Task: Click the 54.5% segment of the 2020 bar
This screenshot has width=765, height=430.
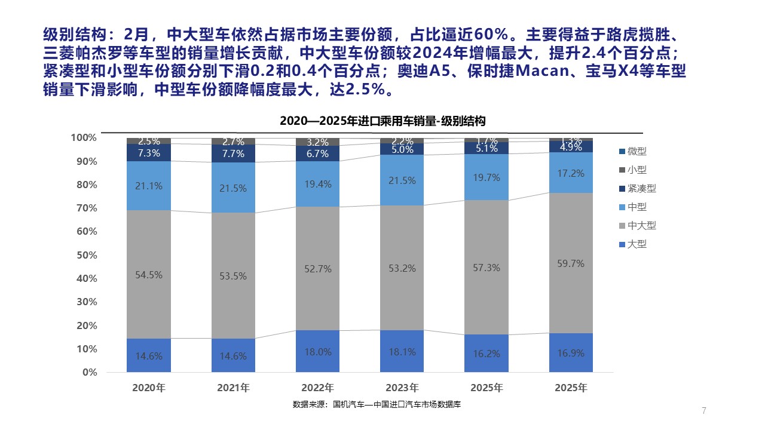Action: click(149, 275)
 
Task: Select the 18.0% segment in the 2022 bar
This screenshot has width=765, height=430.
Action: click(317, 351)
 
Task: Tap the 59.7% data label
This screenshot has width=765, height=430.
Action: click(571, 263)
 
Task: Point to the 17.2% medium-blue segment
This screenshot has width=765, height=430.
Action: click(571, 173)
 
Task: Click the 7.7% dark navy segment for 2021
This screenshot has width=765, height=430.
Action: click(233, 153)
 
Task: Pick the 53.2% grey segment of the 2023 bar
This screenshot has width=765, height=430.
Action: click(402, 268)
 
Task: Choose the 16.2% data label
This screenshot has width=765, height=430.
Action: click(486, 353)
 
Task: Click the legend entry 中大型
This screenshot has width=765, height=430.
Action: click(637, 226)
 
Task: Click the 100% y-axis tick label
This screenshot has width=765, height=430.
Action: click(84, 138)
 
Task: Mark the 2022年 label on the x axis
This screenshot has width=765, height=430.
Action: click(317, 388)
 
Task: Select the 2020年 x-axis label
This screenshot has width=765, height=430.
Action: click(149, 388)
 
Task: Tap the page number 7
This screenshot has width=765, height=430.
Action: click(704, 411)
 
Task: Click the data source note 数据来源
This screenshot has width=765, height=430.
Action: click(377, 405)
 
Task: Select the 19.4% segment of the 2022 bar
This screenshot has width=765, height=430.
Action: click(317, 184)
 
